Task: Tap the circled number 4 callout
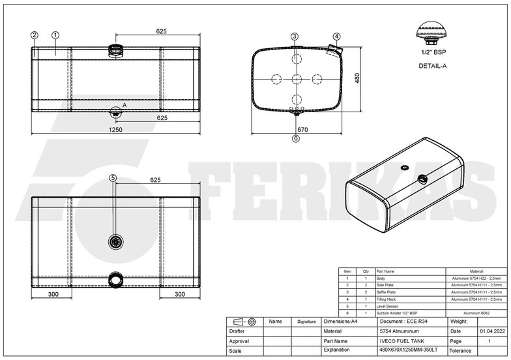tap(336, 37)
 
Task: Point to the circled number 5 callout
tap(113, 177)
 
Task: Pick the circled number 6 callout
tap(295, 138)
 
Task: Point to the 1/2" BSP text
tap(432, 52)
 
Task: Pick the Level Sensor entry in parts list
tap(389, 306)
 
